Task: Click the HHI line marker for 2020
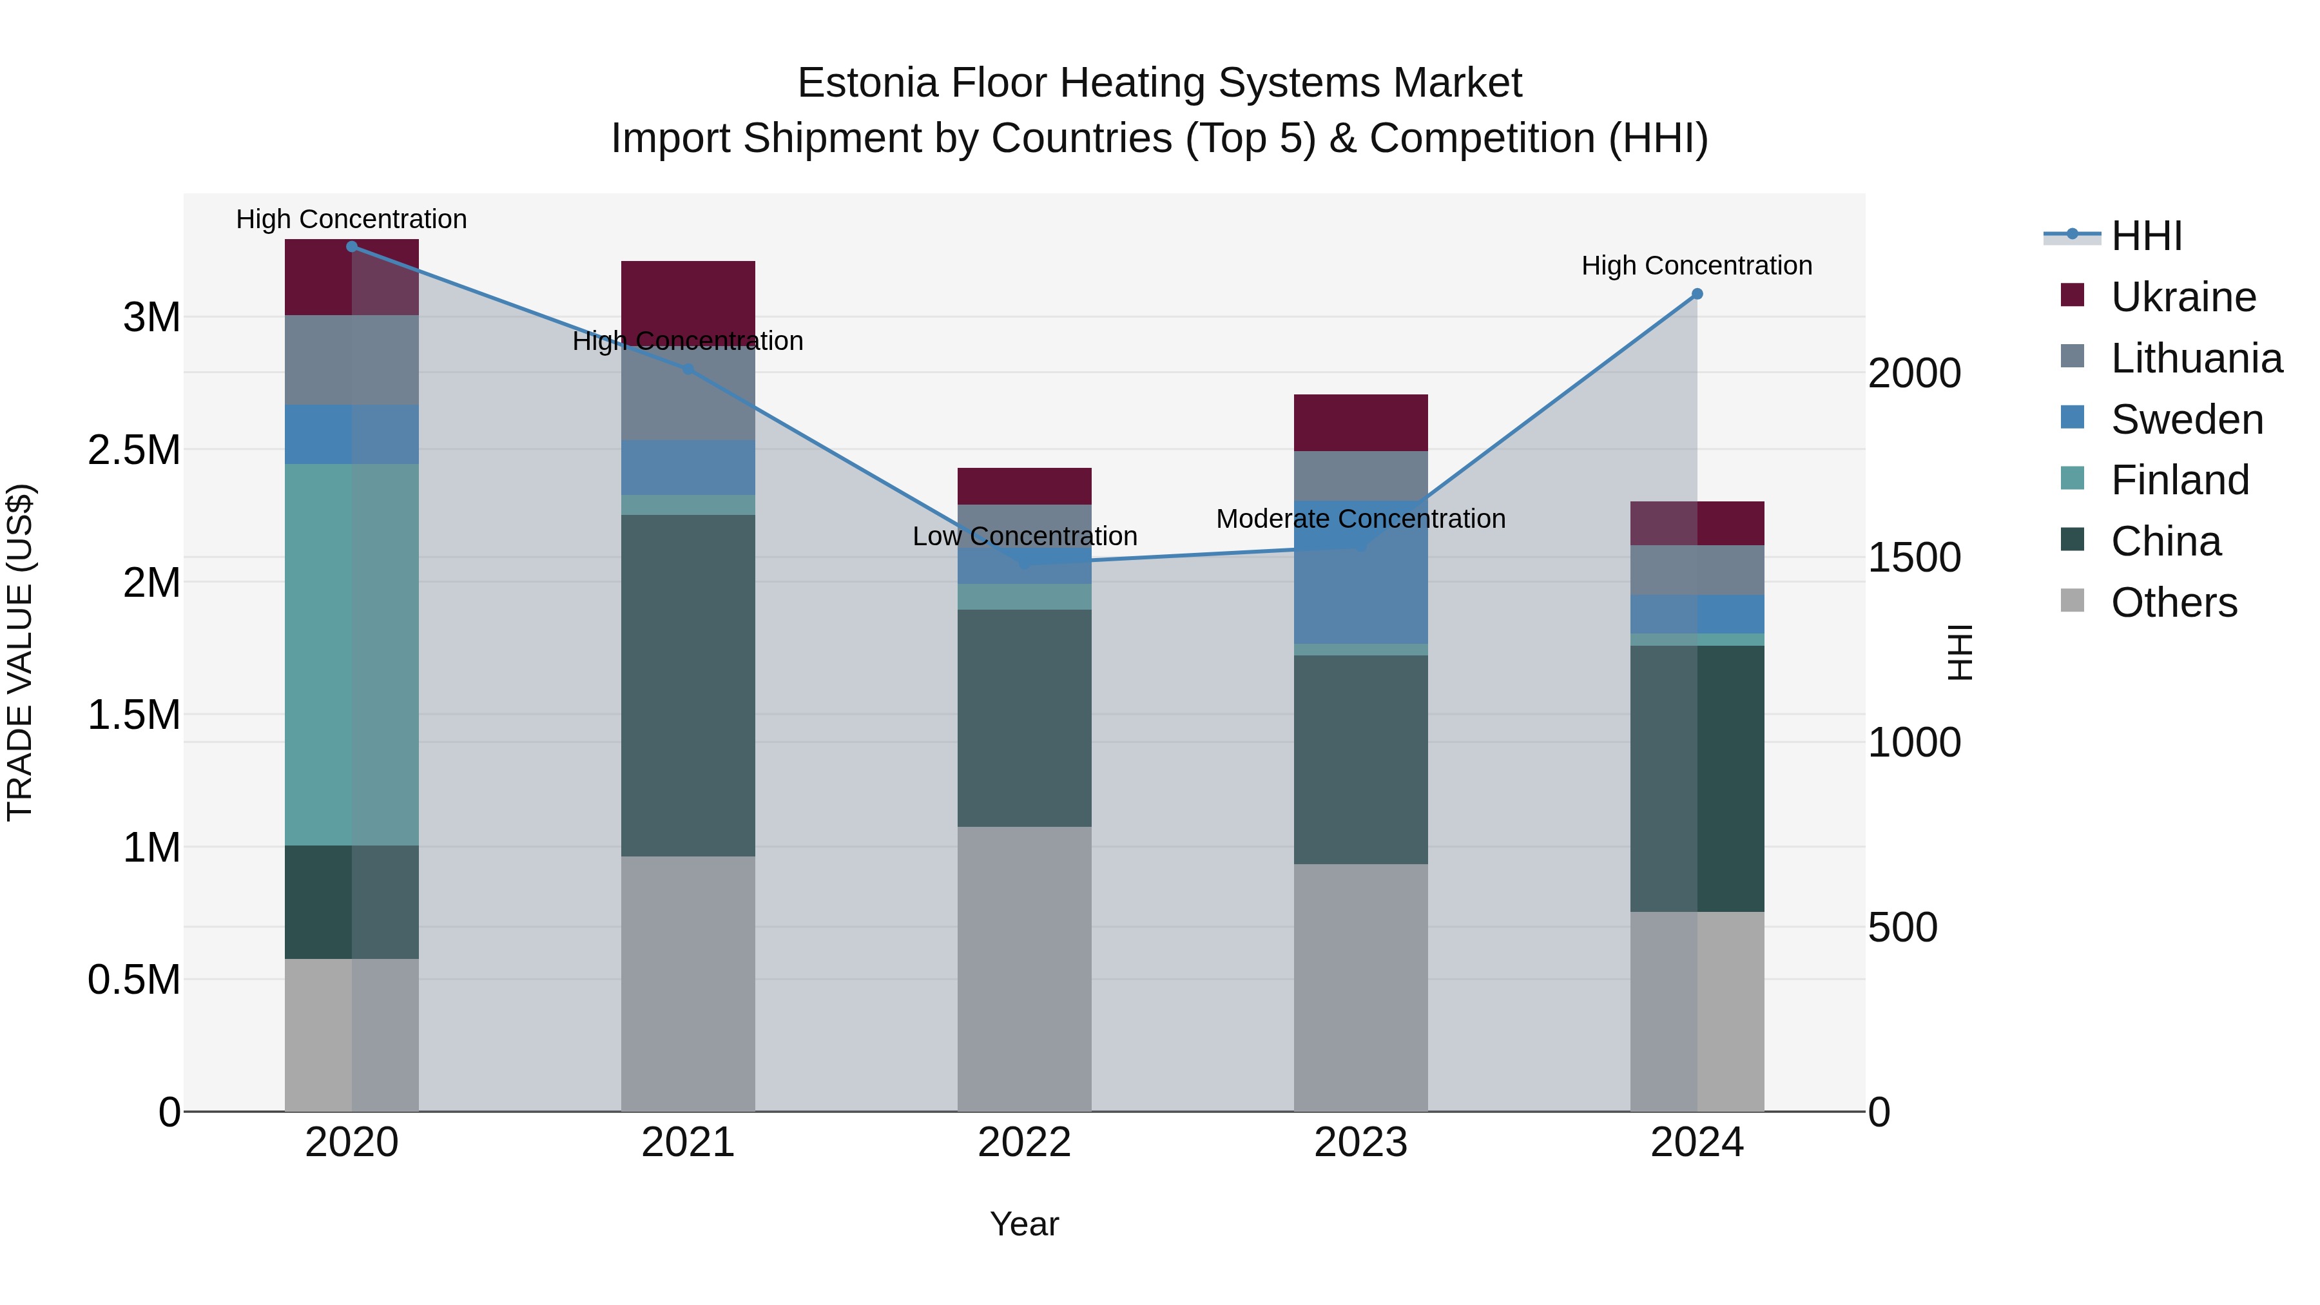351,246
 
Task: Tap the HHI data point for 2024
1697,294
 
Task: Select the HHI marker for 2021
688,369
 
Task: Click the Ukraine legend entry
2183,297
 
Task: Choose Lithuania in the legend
2196,358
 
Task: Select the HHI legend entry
2146,236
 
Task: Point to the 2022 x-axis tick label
1024,1143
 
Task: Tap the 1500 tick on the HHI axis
1914,558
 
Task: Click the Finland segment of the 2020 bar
351,654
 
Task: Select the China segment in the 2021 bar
688,684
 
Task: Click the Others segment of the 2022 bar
1024,968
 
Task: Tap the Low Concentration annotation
1024,537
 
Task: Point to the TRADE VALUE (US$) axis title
20,652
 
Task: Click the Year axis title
1024,1224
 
